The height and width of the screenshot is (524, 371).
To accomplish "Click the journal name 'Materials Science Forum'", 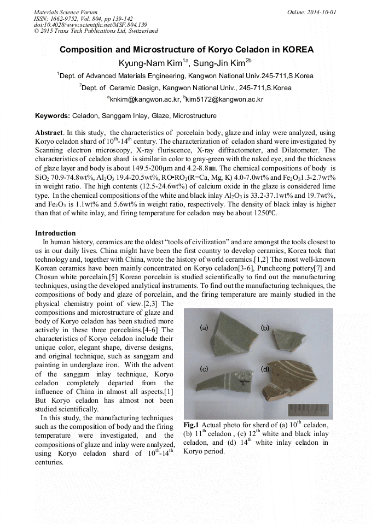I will (66, 11).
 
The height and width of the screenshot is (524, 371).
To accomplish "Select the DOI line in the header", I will (90, 25).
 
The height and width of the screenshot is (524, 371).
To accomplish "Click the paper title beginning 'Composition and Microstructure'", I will (185, 50).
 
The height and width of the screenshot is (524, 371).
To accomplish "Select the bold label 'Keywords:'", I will (53, 116).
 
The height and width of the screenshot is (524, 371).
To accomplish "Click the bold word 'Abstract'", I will (49, 133).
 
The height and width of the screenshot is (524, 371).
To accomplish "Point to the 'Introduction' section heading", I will (55, 233).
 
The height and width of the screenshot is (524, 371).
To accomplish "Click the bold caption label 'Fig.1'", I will (191, 425).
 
